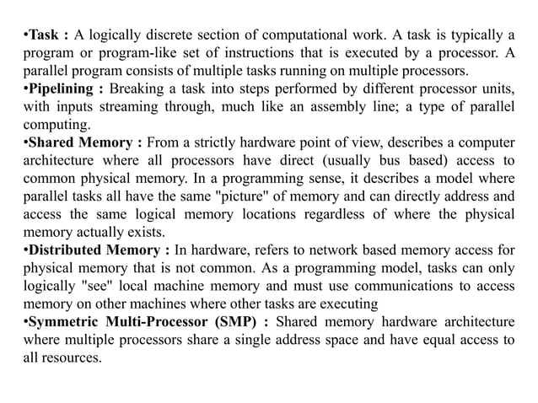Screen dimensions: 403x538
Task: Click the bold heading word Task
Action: [44, 35]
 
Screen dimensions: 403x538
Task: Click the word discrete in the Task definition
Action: [175, 35]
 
